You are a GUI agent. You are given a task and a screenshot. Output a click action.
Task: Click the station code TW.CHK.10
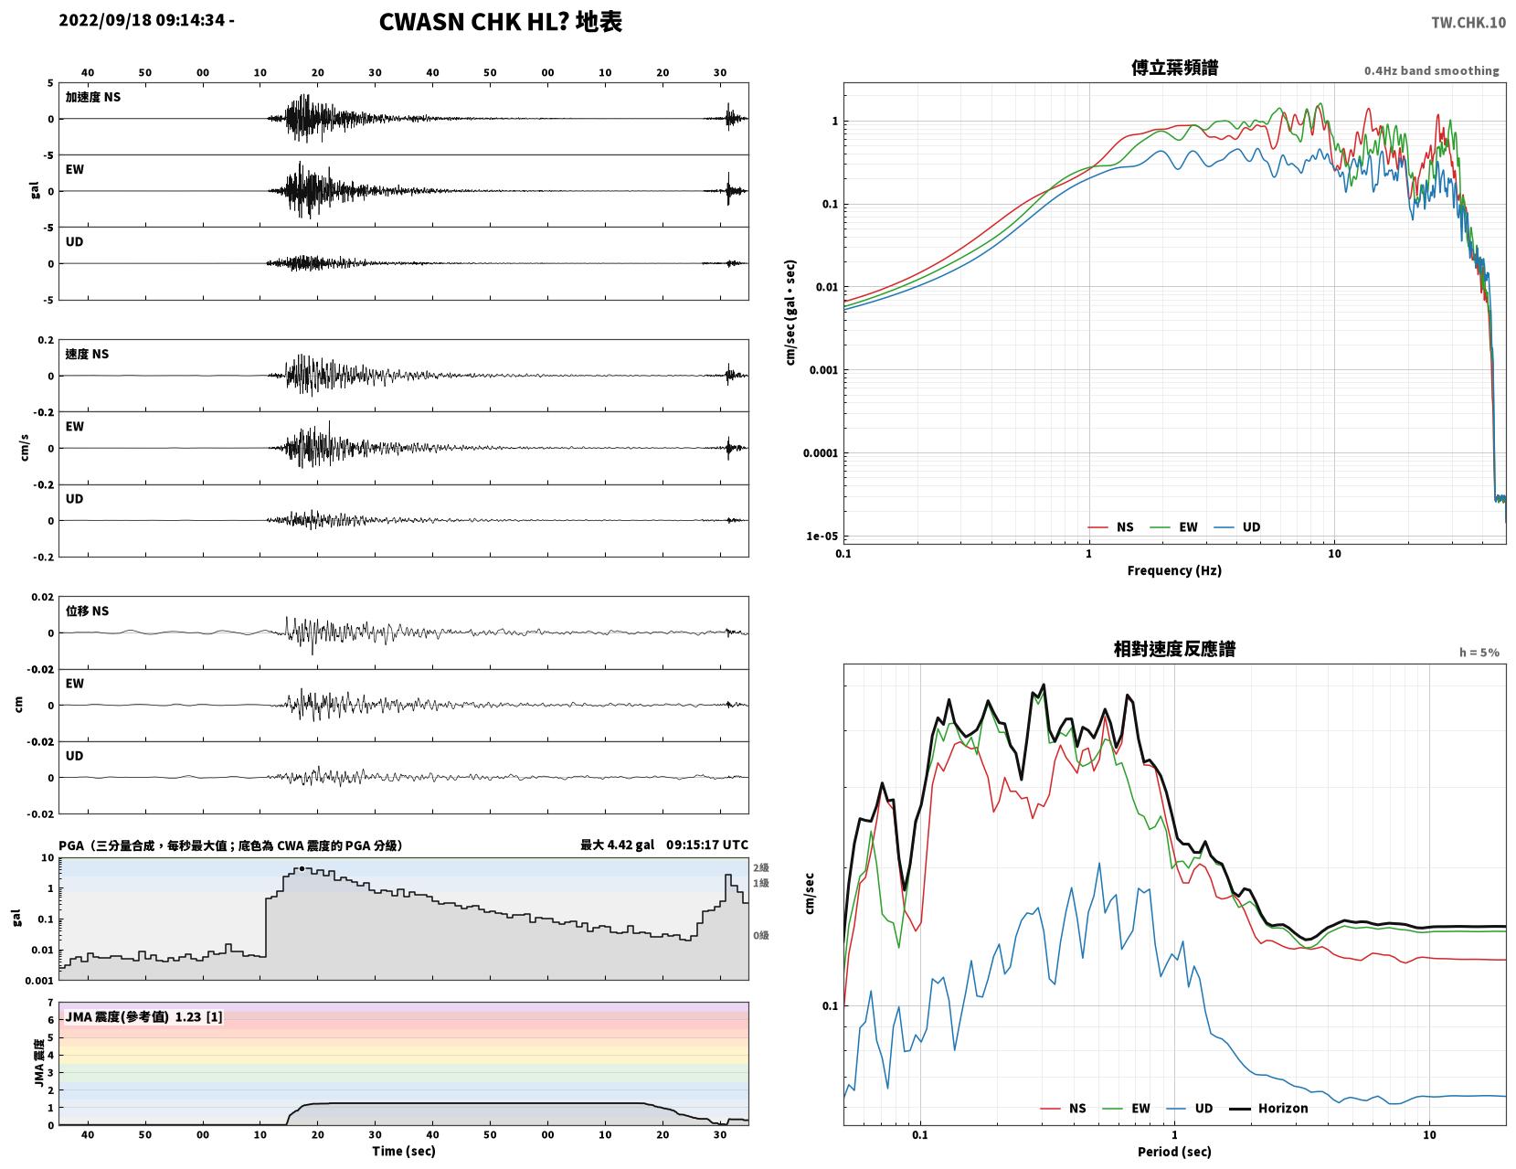pos(1468,22)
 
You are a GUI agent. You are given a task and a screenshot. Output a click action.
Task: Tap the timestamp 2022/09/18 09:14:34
pos(142,20)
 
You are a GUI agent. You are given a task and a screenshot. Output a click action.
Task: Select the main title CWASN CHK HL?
pos(473,22)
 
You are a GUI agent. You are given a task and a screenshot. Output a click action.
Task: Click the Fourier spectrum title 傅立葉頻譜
pos(1174,68)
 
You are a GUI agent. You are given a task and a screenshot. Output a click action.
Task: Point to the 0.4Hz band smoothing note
pos(1431,70)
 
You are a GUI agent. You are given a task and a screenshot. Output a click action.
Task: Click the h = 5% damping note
pos(1479,653)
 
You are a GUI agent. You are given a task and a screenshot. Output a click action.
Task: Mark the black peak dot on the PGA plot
pos(302,868)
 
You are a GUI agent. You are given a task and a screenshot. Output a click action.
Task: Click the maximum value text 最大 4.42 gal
pos(617,845)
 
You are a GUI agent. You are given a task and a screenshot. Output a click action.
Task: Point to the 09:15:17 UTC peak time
pos(706,845)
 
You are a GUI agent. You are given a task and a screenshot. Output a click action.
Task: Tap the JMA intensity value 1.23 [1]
pos(198,1016)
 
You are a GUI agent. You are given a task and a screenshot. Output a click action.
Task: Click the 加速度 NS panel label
pos(93,97)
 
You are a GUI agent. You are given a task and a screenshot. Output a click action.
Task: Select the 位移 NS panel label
pos(87,611)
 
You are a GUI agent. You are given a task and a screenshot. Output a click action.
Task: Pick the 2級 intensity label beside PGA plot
pos(760,867)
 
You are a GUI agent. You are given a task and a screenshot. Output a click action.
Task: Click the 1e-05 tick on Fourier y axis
pos(822,536)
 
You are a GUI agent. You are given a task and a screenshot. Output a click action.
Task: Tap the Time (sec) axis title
pos(403,1151)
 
